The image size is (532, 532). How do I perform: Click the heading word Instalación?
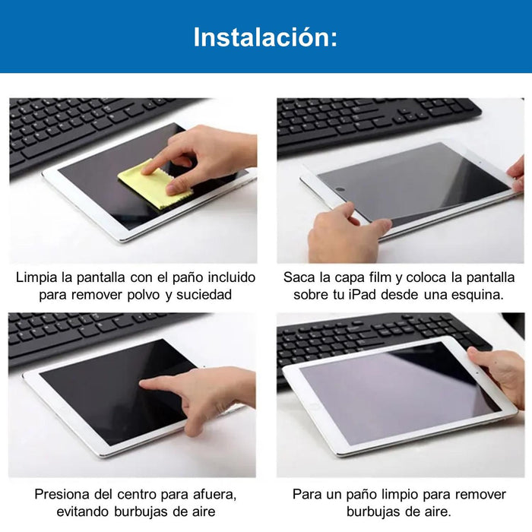coord(265,37)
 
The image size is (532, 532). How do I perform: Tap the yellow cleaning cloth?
coord(154,185)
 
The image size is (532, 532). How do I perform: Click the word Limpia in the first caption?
coord(36,278)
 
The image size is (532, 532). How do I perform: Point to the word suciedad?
coord(204,294)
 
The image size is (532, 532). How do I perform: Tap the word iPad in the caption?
coord(363,294)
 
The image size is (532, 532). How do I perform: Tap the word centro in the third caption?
coord(137,494)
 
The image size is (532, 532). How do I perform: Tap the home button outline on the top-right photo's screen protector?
coord(340,189)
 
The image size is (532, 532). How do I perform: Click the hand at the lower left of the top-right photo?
coord(347,232)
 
